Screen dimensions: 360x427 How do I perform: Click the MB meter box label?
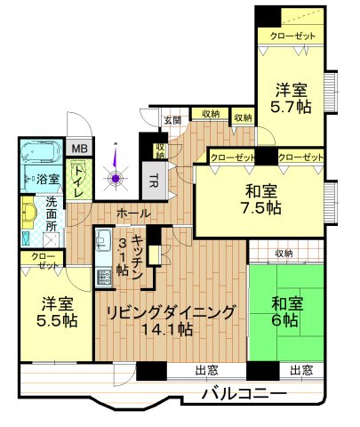click(x=80, y=149)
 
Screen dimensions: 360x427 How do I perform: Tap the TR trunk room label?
click(x=153, y=181)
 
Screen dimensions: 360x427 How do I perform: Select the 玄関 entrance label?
click(x=172, y=120)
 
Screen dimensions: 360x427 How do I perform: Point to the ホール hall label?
click(x=133, y=213)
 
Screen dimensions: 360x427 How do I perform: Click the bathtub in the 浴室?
click(x=42, y=151)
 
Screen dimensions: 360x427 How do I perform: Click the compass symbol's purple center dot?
click(x=116, y=179)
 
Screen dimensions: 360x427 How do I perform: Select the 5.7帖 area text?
click(x=291, y=107)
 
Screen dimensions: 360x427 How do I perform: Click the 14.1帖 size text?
click(x=168, y=329)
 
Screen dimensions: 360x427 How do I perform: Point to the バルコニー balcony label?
click(x=244, y=394)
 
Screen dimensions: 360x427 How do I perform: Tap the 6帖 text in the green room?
click(x=284, y=319)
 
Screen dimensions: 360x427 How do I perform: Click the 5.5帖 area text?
click(x=57, y=320)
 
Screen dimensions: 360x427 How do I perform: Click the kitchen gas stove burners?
click(x=103, y=278)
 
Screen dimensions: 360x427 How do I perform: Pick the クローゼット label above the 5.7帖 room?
click(x=292, y=36)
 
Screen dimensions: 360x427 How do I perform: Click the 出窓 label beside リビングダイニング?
click(x=207, y=370)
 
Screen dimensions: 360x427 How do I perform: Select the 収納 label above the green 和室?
click(x=284, y=254)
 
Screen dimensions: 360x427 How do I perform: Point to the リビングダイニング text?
click(x=171, y=312)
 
